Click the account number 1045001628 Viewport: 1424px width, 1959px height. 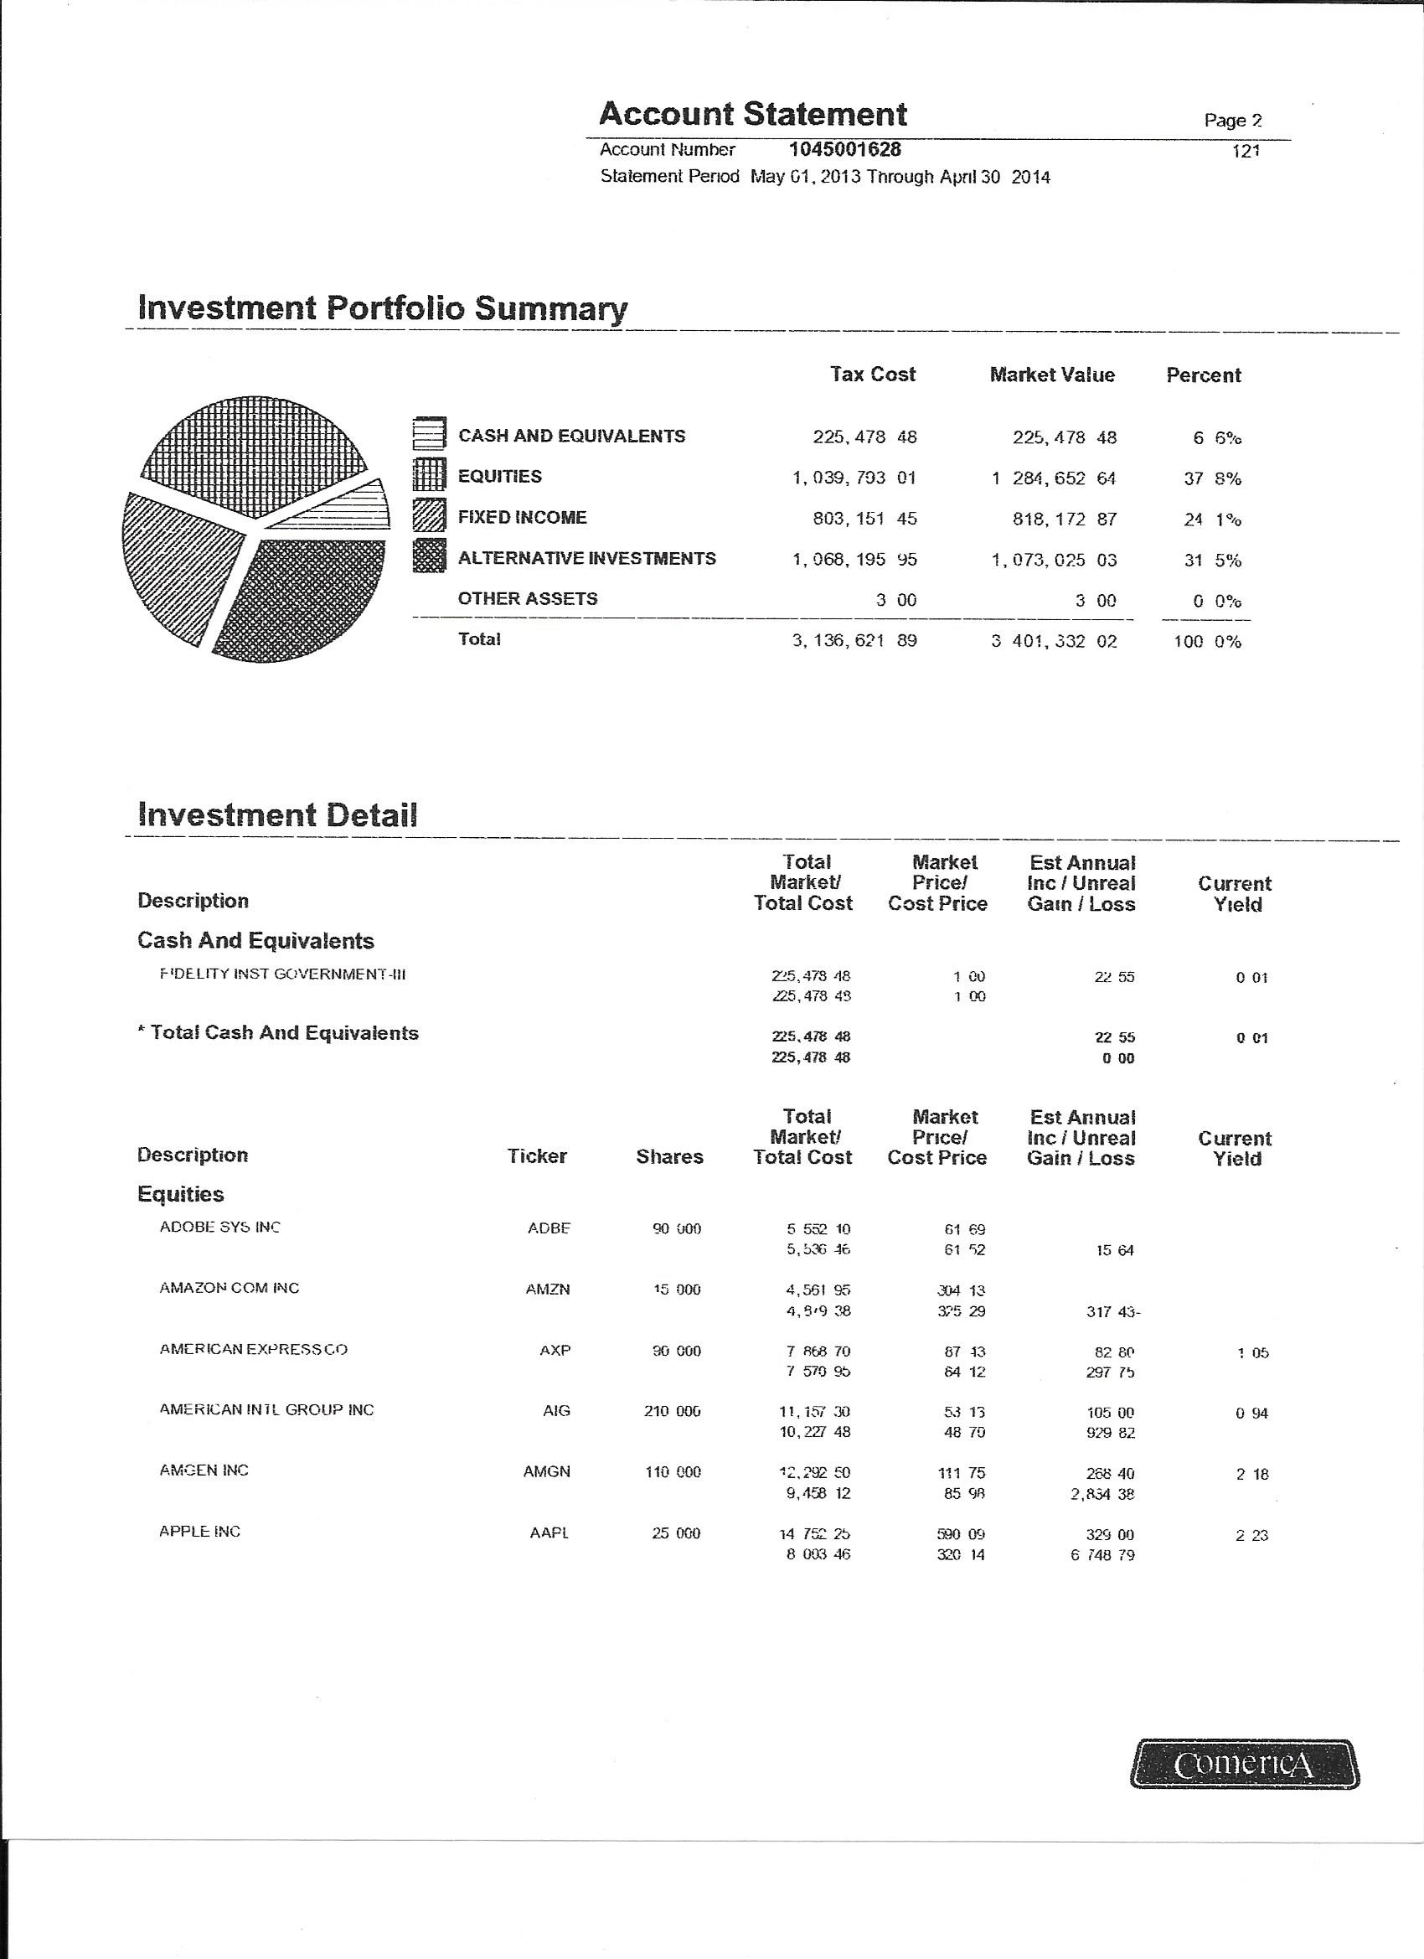click(844, 149)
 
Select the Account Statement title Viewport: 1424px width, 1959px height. click(752, 114)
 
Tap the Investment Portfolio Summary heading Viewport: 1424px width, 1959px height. click(383, 308)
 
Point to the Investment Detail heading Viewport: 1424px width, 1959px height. click(277, 814)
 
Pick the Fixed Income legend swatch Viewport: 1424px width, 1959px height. click(429, 516)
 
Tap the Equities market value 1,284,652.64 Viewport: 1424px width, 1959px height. click(1054, 478)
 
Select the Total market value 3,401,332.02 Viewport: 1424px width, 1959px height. click(1054, 642)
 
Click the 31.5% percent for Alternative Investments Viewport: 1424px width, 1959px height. click(1212, 561)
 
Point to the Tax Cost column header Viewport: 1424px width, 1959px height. click(872, 374)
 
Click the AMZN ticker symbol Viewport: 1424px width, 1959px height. click(548, 1290)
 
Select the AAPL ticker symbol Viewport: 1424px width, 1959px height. click(549, 1533)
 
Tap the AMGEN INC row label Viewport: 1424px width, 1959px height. click(204, 1471)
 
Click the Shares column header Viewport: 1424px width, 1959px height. click(669, 1156)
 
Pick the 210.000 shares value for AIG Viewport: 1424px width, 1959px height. click(672, 1411)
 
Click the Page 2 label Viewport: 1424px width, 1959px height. click(1233, 120)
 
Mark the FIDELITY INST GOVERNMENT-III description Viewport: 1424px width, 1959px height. click(282, 974)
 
